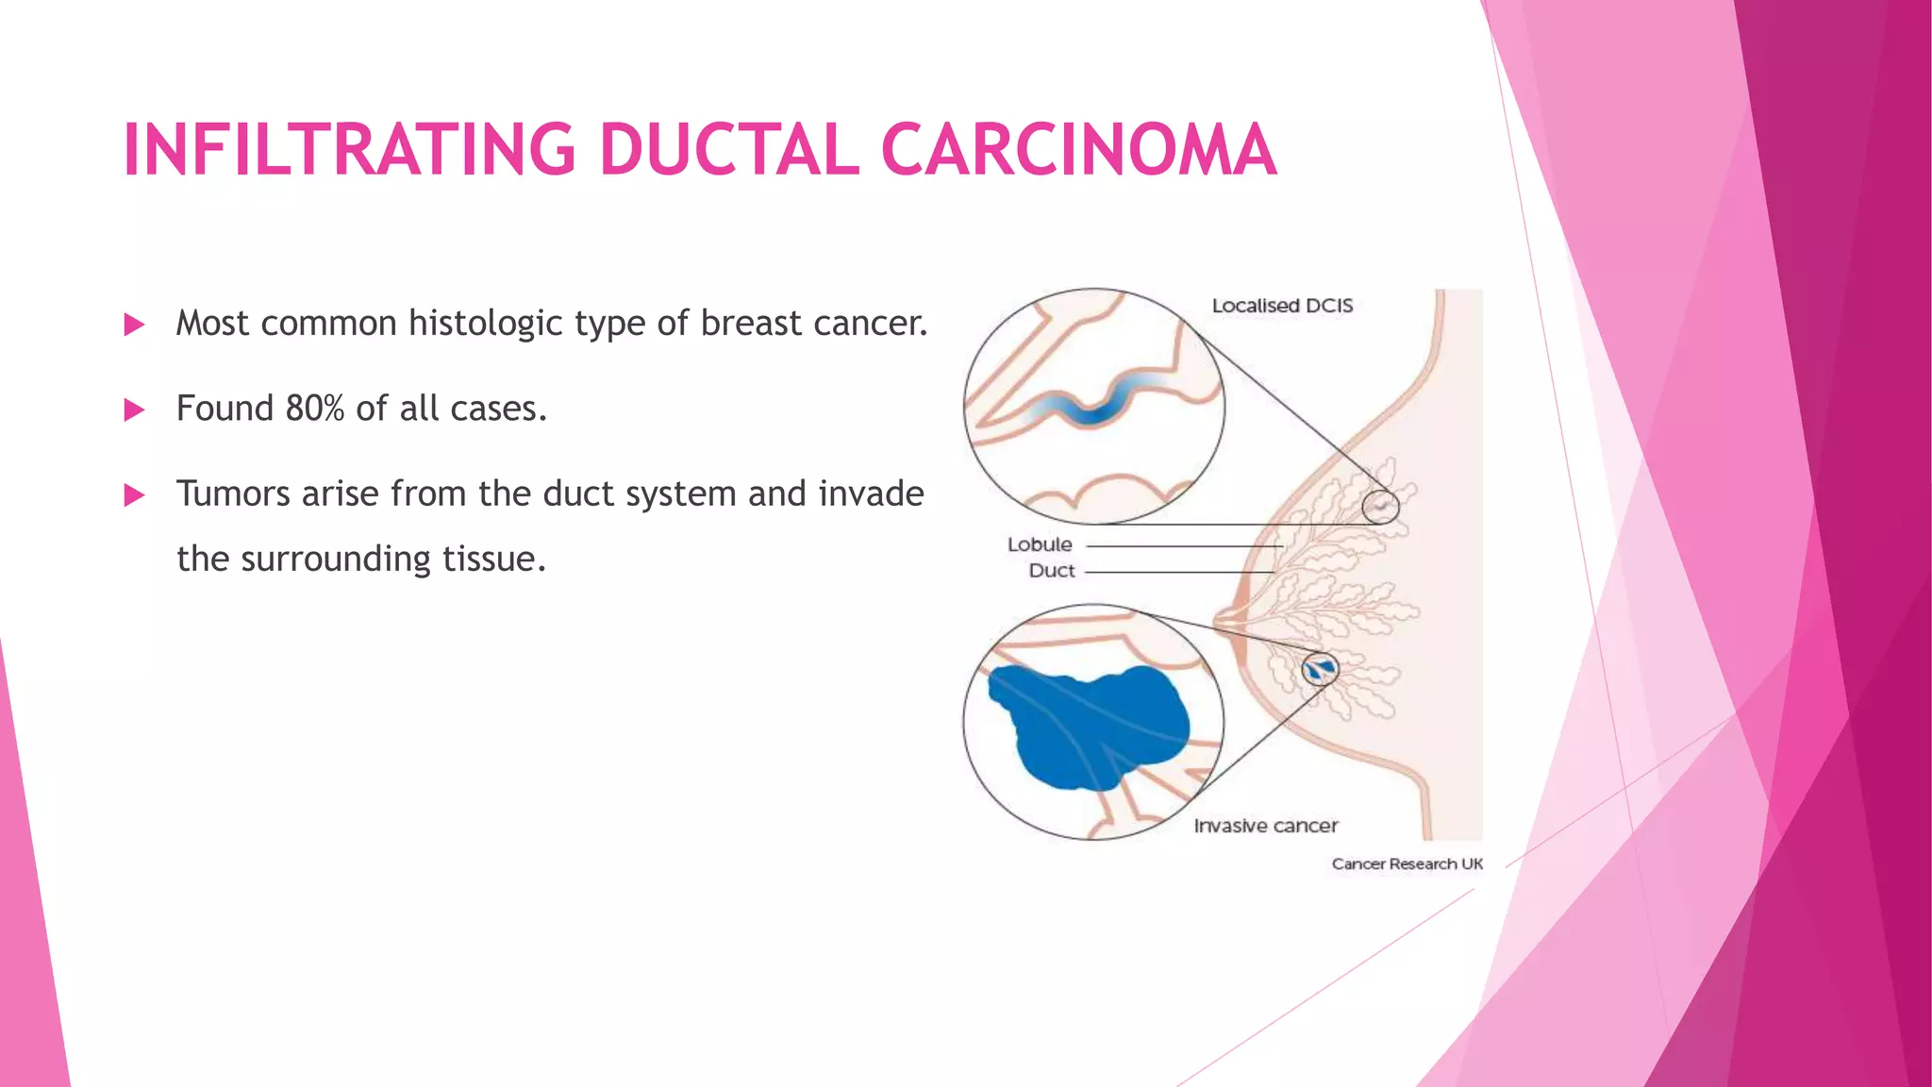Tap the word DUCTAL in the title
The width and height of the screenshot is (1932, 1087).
[729, 150]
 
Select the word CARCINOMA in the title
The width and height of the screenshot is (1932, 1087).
[1078, 150]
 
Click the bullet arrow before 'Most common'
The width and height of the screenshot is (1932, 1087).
[135, 326]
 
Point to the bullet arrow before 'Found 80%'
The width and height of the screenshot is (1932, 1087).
[135, 410]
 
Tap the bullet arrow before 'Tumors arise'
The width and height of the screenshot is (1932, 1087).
[135, 495]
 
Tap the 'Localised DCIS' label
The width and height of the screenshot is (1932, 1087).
[1282, 306]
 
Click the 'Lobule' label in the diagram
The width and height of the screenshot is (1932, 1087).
[1040, 544]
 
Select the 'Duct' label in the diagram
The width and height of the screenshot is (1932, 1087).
[1052, 571]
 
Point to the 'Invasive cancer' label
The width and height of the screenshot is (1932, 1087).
[1266, 826]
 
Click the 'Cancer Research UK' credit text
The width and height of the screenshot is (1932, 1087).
[1407, 863]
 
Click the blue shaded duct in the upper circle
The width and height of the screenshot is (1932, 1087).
[1094, 408]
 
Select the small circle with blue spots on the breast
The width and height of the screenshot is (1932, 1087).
[1320, 669]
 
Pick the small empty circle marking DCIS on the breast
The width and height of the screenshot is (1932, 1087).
[1380, 507]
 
